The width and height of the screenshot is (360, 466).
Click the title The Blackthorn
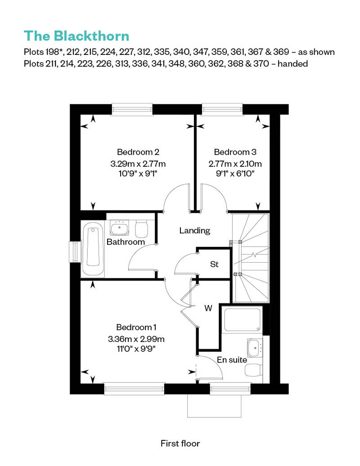pyautogui.click(x=76, y=36)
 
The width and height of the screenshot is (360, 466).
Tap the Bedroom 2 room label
pyautogui.click(x=138, y=152)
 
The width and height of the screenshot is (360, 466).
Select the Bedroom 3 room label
pyautogui.click(x=235, y=152)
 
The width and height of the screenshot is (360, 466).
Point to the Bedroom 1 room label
pyautogui.click(x=136, y=327)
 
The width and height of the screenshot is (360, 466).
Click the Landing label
pyautogui.click(x=195, y=231)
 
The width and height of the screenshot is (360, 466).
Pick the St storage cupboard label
pyautogui.click(x=214, y=264)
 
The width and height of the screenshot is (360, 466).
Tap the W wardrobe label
pyautogui.click(x=208, y=308)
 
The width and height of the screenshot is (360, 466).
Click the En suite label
pyautogui.click(x=232, y=360)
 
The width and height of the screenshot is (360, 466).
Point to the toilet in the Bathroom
pyautogui.click(x=142, y=229)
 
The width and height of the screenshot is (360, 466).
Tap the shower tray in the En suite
pyautogui.click(x=242, y=320)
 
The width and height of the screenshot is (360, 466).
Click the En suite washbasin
pyautogui.click(x=255, y=347)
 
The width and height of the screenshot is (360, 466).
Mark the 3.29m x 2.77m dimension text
pyautogui.click(x=138, y=164)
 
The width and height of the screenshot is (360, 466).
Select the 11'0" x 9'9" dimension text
pyautogui.click(x=136, y=349)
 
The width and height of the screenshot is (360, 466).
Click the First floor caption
pyautogui.click(x=180, y=444)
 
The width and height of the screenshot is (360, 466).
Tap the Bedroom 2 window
pyautogui.click(x=132, y=109)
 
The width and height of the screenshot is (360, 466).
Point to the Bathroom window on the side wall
pyautogui.click(x=74, y=252)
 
